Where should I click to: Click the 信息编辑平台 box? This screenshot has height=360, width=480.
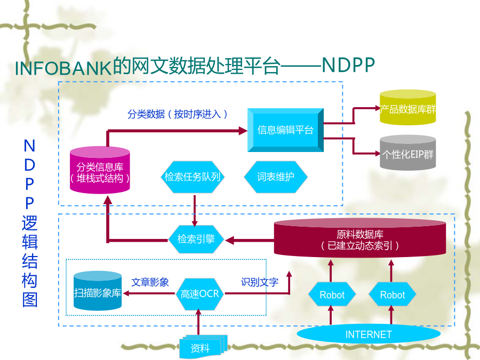(285, 130)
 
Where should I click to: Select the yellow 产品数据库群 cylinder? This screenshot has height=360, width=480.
(408, 107)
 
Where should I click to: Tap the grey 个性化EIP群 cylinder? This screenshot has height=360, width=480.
(408, 153)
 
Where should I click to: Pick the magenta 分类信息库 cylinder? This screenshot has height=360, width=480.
(100, 170)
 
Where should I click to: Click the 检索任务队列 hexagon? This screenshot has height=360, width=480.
(193, 177)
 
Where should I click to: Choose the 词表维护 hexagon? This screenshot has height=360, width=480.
(276, 177)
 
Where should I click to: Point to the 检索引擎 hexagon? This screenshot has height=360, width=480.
(196, 239)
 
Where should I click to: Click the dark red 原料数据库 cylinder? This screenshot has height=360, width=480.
(359, 238)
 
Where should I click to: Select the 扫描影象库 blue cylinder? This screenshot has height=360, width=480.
(98, 291)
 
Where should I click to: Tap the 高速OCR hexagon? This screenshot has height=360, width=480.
(199, 294)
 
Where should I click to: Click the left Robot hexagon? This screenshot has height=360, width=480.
(332, 295)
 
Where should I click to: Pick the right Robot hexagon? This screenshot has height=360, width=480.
(392, 295)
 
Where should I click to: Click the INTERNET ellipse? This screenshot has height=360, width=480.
(369, 334)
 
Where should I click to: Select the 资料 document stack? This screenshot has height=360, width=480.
(203, 347)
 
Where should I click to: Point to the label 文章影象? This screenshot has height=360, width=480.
(150, 282)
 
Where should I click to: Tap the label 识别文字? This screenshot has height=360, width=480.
(260, 282)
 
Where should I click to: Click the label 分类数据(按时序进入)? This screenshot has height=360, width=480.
(178, 114)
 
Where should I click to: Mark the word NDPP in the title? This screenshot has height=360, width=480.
(348, 65)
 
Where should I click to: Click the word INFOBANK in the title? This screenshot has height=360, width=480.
(63, 68)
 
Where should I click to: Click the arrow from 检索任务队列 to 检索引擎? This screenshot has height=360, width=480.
(194, 211)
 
